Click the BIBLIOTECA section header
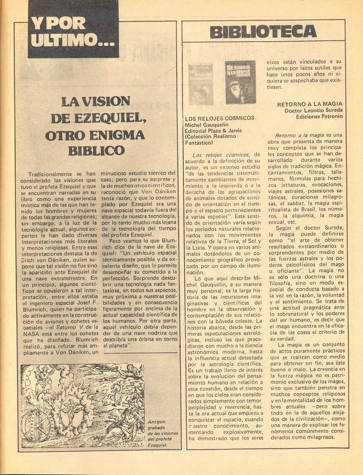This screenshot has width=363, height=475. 263,32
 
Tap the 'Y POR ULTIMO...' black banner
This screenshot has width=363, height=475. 73,31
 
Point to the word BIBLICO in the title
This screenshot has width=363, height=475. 97,151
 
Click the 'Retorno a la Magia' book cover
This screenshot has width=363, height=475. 240,82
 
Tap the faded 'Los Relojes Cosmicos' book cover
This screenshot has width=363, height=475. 201,84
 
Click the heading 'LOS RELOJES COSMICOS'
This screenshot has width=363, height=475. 219,118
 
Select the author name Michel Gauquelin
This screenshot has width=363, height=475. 207,124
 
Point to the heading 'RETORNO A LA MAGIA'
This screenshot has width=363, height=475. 310,104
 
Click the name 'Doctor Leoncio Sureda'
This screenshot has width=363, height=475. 313,110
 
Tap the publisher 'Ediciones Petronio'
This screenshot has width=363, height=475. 319,116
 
